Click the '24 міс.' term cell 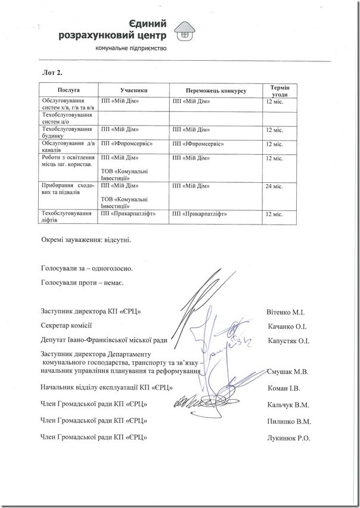tap(274, 186)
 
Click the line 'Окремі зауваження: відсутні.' tap(85, 240)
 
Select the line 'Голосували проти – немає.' tap(82, 281)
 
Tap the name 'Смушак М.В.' tap(288, 372)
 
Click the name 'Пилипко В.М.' tap(289, 421)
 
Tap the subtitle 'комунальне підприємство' tap(131, 48)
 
